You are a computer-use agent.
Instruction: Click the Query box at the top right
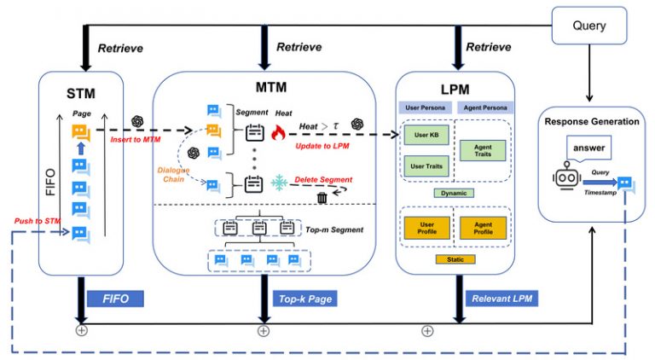[589, 26]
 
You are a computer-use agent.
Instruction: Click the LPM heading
[453, 90]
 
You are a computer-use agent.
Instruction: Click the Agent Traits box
[482, 152]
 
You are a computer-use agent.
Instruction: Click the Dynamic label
[453, 193]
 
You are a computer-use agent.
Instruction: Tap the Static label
[453, 258]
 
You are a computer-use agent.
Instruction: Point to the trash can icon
[322, 198]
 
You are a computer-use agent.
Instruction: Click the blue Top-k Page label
[305, 299]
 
